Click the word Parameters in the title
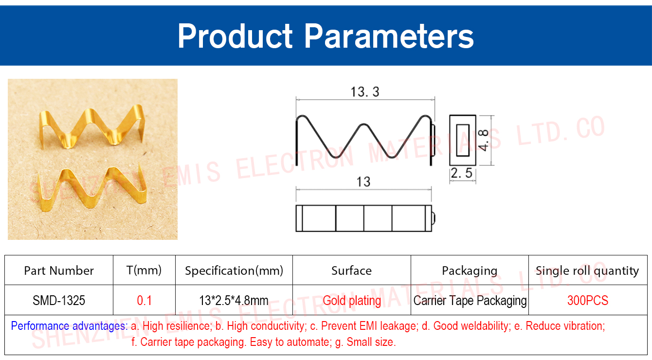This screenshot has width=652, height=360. click(389, 36)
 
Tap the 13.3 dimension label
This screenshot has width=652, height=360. click(365, 92)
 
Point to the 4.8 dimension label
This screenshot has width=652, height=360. click(484, 140)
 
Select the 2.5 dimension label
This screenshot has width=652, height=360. click(462, 173)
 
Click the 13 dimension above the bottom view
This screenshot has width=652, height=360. click(363, 182)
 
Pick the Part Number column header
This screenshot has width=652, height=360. click(59, 270)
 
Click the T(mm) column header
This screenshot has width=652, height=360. click(144, 270)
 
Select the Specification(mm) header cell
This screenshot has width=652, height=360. click(234, 271)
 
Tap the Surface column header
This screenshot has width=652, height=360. click(352, 270)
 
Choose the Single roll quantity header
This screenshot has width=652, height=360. click(587, 271)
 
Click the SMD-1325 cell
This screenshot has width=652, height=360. click(59, 300)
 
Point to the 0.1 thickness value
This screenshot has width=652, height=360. click(144, 300)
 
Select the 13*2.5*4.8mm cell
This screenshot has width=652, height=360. click(234, 300)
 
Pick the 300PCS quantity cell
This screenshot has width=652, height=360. click(588, 300)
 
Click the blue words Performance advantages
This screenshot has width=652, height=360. click(69, 326)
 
